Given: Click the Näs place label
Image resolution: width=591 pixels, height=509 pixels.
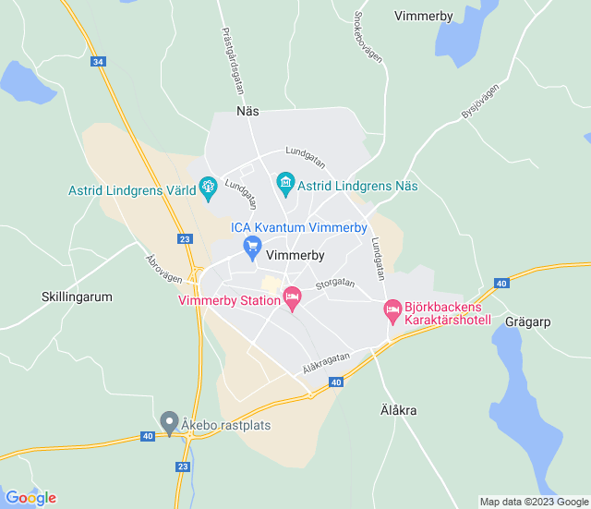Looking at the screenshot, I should (247, 111).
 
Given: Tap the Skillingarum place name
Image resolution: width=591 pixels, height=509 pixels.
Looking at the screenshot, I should (77, 297).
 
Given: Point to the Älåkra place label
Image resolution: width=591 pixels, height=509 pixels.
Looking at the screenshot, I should (399, 409).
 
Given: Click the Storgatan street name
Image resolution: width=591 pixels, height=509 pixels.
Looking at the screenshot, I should (334, 284).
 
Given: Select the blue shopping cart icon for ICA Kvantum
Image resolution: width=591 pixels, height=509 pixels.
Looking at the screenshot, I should (251, 246).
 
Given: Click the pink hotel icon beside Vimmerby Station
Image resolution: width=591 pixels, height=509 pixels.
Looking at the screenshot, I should (292, 297).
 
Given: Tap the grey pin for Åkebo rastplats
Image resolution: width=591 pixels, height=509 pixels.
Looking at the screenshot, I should (168, 422).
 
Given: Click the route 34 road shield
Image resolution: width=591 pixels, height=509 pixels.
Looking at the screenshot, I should (99, 62).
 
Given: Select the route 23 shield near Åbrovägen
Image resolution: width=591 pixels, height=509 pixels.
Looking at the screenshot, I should (186, 239).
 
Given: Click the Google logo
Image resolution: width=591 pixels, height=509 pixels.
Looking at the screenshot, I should (30, 498).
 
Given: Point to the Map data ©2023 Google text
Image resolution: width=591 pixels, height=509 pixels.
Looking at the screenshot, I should (534, 502).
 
